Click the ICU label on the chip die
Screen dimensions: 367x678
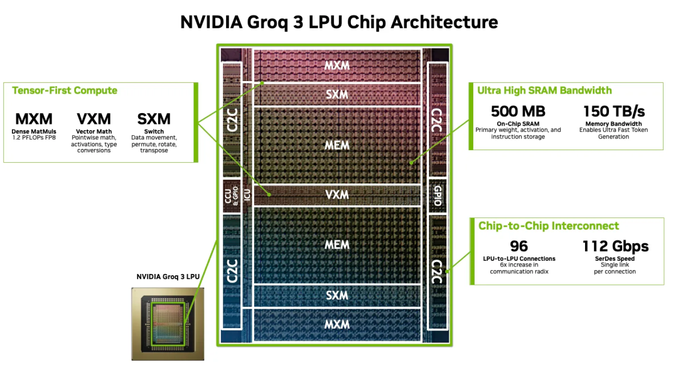(247, 195)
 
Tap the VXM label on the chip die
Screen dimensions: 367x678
(336, 194)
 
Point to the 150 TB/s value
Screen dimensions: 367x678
(613, 112)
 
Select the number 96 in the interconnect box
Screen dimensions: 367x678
(519, 246)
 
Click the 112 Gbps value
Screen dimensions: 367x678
(615, 246)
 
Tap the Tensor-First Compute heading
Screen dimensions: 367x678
(65, 90)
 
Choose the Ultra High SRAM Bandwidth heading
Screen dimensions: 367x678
(544, 90)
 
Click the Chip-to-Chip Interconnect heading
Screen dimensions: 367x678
(548, 226)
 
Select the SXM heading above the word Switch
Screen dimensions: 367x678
(154, 119)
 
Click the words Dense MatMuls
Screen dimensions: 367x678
(35, 131)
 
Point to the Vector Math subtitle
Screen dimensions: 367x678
(94, 131)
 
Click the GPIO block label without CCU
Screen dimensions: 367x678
(438, 196)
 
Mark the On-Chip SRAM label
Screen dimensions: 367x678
(518, 124)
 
